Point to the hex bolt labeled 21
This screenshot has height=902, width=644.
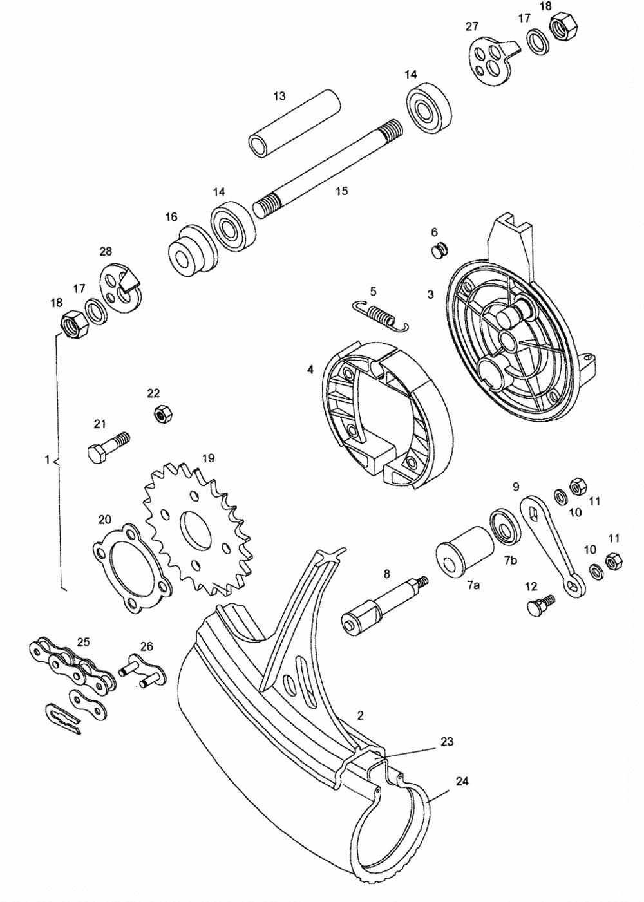point(108,446)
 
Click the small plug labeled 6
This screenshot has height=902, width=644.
point(439,251)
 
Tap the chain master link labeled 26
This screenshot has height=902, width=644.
point(144,669)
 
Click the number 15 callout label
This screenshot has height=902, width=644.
point(341,191)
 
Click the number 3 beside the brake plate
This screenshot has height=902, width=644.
point(430,294)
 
